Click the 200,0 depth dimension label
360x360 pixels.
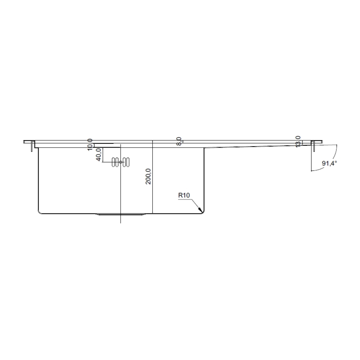click(x=148, y=176)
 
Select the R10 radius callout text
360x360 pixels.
click(x=184, y=195)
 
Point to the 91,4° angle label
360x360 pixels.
click(x=329, y=163)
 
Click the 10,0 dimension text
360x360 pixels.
click(x=90, y=144)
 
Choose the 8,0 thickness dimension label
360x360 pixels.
click(x=179, y=140)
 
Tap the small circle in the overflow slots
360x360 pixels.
click(x=120, y=162)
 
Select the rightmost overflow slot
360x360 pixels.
click(x=127, y=162)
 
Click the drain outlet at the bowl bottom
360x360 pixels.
click(x=120, y=215)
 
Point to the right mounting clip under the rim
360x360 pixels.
click(x=313, y=146)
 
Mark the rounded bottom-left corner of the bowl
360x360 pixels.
click(x=39, y=212)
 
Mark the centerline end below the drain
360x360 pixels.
click(x=120, y=222)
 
